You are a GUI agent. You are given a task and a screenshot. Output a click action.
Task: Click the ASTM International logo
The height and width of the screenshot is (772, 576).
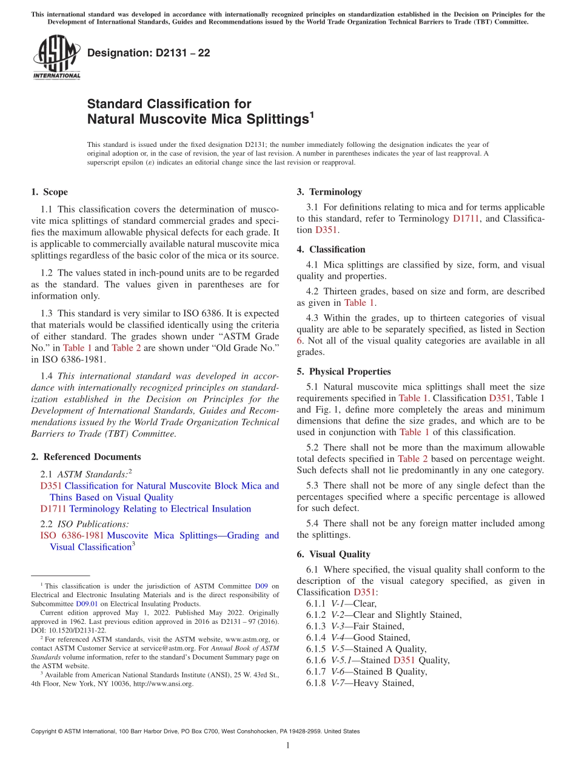[x=56, y=58]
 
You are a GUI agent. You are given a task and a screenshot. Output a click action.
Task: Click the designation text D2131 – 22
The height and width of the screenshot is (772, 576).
[x=149, y=53]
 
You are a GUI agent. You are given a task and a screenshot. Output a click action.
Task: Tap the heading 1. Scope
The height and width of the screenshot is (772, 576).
[x=50, y=192]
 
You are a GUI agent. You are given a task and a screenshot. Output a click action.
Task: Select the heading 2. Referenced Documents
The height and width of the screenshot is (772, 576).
[x=85, y=457]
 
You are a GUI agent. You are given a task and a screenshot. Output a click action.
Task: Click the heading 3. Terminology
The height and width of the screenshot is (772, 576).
[x=329, y=192]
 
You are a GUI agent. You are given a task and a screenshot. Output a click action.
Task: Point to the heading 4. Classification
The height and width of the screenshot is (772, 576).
[x=331, y=249]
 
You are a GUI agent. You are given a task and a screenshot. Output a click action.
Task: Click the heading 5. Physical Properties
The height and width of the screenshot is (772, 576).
[x=344, y=371]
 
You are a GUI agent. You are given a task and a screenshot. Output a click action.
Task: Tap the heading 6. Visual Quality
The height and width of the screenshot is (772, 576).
[x=333, y=554]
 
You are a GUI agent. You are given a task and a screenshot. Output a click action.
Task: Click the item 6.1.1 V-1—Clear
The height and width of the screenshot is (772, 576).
[x=341, y=603]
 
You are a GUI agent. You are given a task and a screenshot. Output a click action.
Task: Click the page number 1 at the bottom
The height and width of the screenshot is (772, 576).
[x=288, y=746]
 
